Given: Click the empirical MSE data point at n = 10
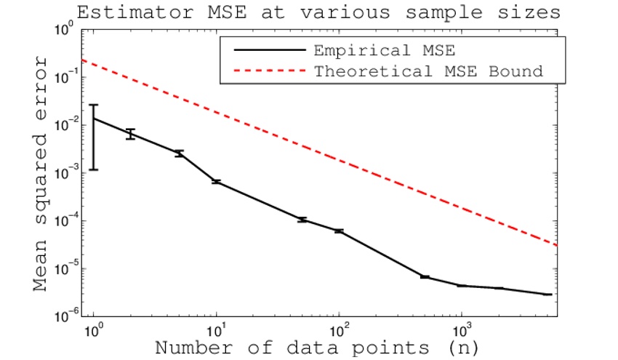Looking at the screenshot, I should [x=217, y=181].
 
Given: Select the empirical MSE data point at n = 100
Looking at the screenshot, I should [x=339, y=231].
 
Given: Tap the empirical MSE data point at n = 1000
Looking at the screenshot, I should [x=461, y=286].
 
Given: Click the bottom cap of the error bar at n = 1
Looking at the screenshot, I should [x=94, y=169].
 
